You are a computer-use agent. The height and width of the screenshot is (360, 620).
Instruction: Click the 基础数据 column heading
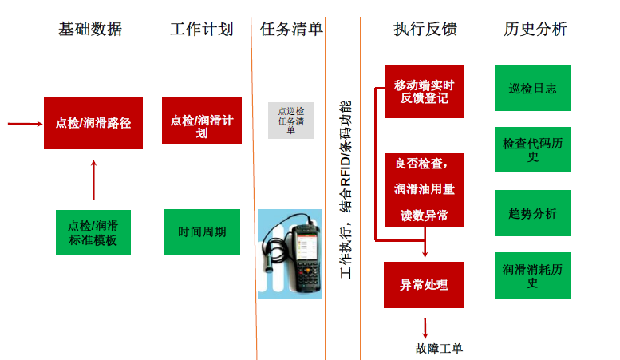90,30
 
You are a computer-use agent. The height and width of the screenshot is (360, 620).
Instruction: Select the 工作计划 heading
201,30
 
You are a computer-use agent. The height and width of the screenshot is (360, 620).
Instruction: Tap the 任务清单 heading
291,30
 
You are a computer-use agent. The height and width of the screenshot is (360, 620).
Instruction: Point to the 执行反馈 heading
425,30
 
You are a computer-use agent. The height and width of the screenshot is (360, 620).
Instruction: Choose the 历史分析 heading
535,30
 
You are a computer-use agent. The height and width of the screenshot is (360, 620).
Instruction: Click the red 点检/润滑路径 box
93,123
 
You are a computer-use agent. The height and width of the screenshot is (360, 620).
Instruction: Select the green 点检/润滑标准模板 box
93,232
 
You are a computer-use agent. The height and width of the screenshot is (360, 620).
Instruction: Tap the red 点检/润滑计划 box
201,121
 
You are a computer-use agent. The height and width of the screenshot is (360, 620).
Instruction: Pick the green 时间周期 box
202,232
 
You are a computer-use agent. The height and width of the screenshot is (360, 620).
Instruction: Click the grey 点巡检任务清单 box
290,121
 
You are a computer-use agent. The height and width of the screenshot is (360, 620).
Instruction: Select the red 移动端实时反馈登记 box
424,92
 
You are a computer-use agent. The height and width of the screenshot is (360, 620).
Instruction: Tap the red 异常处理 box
424,285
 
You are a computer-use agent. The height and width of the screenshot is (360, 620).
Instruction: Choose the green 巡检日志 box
532,89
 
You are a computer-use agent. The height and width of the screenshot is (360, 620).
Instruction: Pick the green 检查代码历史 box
532,149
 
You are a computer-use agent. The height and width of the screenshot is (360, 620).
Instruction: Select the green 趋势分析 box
532,213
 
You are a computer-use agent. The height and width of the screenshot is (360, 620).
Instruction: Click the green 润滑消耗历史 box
532,275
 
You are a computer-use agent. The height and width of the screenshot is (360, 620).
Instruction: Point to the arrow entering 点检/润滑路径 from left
24,124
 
